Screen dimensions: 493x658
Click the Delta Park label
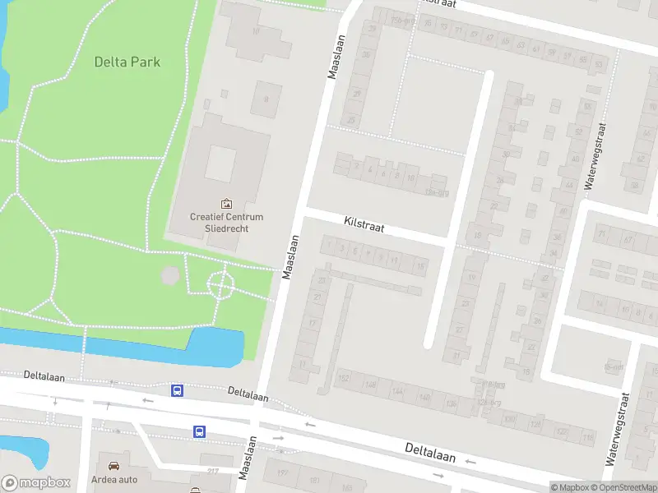[127, 62]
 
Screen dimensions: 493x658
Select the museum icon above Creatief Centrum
[226, 203]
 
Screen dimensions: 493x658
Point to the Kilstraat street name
[364, 223]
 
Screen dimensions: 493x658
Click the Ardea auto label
[114, 480]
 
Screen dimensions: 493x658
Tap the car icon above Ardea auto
[114, 465]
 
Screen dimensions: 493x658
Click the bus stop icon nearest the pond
[177, 390]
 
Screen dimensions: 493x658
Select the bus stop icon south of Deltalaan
[199, 431]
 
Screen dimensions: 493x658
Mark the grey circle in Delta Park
[169, 275]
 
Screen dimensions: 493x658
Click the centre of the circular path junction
[220, 285]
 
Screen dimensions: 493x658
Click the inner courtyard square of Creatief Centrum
[220, 164]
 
